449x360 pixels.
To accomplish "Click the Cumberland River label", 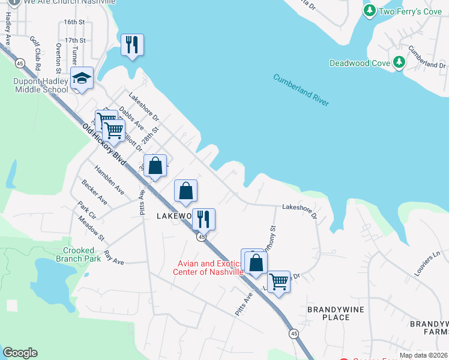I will (301, 89).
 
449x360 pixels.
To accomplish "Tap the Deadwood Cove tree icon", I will (399, 62).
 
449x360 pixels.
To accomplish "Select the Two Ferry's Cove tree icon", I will (370, 10).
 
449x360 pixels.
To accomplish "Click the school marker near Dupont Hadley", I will (82, 78).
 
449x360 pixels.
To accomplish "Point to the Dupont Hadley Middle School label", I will (41, 85).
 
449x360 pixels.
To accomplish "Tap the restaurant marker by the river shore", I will (132, 45).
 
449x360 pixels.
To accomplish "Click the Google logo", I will (20, 353).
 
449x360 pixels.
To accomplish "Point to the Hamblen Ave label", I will (109, 180).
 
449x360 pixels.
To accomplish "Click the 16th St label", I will (75, 22).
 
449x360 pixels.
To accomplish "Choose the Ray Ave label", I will (113, 258).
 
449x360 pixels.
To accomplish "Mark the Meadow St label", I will (91, 229).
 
